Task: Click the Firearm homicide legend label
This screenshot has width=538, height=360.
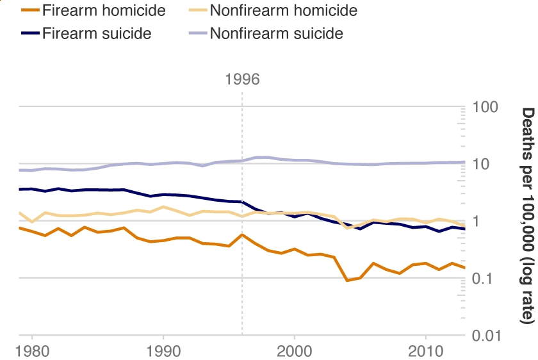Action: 104,10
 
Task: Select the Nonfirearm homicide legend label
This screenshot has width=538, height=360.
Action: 283,10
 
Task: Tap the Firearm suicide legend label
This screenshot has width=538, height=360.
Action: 97,34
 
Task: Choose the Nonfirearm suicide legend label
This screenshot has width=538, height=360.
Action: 276,34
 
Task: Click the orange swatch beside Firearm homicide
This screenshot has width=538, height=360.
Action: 30,10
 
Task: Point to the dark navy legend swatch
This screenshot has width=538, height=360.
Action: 30,33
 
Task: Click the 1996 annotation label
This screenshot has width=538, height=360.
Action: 242,79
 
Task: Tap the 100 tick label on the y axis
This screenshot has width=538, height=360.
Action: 485,107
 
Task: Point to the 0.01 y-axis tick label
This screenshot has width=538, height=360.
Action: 487,335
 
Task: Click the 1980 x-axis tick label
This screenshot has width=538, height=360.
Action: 33,352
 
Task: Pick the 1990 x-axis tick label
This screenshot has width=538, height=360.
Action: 163,352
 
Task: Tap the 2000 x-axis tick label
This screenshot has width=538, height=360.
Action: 295,352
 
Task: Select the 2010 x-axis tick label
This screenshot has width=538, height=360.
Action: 425,352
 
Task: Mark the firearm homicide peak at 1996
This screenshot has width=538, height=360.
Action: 242,235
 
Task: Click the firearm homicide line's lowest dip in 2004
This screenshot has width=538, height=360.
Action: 347,281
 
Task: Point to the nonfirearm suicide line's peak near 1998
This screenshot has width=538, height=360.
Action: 268,157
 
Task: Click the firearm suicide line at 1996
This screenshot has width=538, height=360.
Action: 242,202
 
